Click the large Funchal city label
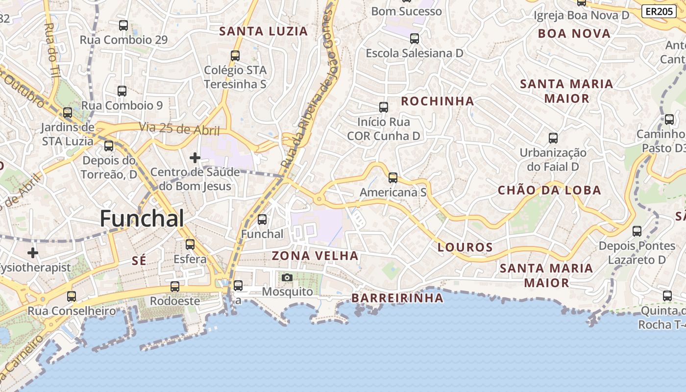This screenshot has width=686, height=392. coord(142,219)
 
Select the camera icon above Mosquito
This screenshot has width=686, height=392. coord(287,278)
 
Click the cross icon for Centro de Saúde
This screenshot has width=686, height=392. coord(195,158)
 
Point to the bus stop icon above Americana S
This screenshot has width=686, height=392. coord(393,178)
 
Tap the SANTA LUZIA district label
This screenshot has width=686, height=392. coord(264,31)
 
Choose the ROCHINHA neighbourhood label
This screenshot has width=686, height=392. coord(438,101)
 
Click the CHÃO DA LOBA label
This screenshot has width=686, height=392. coord(549,191)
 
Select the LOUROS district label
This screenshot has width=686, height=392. coord(465,247)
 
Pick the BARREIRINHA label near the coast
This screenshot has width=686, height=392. coord(397,298)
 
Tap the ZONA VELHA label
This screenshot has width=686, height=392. coord(315,256)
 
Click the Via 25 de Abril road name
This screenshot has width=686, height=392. coord(179,129)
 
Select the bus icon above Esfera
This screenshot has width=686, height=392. coord(190,244)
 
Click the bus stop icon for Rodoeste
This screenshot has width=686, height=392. coord(175,287)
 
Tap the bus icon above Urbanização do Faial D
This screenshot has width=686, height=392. coord(553,138)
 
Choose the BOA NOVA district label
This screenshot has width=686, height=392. coord(574,34)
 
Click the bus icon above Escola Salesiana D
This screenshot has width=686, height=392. coord(415,38)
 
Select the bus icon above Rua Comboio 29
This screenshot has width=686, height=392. coord(123,25)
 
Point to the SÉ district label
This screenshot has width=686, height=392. coord(139,261)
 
